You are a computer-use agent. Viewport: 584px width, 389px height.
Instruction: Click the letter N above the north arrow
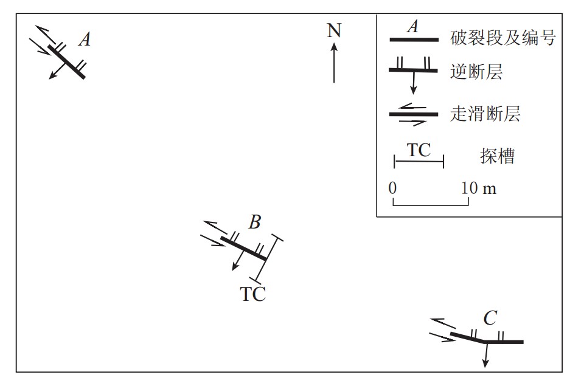click(334, 30)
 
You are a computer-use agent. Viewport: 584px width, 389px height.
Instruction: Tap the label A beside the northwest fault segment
click(85, 40)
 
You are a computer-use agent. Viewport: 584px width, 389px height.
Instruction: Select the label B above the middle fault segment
click(255, 222)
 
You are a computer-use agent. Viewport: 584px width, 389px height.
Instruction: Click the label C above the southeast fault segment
click(490, 318)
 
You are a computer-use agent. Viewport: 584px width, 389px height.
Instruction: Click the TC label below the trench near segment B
click(253, 295)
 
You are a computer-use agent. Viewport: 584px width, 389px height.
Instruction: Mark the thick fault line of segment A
click(67, 61)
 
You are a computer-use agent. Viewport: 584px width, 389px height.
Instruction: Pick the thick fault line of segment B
click(243, 249)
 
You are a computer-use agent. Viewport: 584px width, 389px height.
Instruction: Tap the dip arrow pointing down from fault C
click(485, 355)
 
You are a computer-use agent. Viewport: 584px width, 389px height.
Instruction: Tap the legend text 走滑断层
click(485, 114)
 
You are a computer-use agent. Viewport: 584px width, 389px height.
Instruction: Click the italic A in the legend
click(413, 27)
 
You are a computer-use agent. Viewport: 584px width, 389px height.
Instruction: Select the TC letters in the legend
click(419, 150)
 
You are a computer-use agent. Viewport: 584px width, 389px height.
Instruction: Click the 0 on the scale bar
click(393, 188)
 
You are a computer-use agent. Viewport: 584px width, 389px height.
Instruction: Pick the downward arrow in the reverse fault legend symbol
click(413, 83)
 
